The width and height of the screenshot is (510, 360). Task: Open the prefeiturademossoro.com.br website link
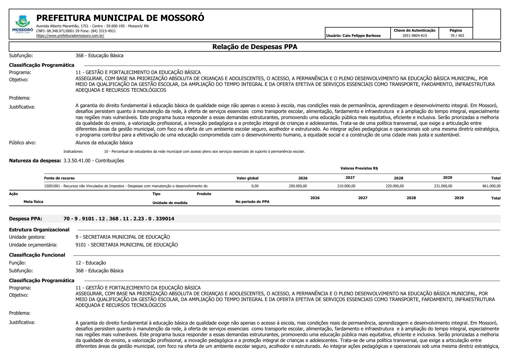click(x=70, y=36)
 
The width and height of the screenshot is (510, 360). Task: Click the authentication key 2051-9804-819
click(x=414, y=36)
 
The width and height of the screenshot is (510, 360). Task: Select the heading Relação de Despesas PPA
click(x=255, y=47)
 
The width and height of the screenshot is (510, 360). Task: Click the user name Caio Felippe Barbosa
click(x=353, y=36)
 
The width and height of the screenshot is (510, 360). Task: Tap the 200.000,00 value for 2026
click(x=298, y=186)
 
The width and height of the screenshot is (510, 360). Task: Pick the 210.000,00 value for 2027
click(x=346, y=186)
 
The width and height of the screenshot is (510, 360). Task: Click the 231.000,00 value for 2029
click(x=443, y=186)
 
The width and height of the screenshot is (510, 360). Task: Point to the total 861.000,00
click(x=491, y=186)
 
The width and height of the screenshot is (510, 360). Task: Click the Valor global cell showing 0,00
click(x=255, y=186)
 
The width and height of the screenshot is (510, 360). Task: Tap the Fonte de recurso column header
click(x=59, y=178)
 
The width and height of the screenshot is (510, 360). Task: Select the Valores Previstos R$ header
click(x=359, y=168)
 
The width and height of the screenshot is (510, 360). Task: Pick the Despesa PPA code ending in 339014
click(x=119, y=219)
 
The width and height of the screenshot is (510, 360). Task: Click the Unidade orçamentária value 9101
click(x=126, y=245)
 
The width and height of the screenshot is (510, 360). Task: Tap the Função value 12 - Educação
click(x=91, y=263)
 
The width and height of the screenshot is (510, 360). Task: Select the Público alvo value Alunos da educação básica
click(x=104, y=143)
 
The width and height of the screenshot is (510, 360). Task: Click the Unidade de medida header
click(x=170, y=203)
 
